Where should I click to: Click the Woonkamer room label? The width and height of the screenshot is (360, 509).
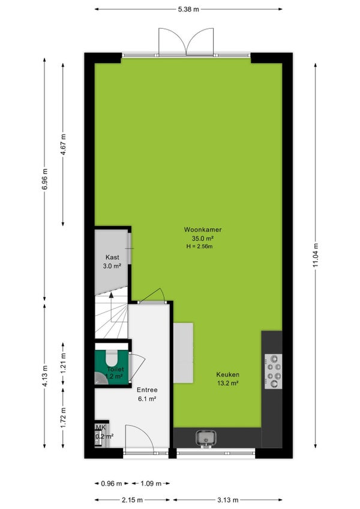[203, 229]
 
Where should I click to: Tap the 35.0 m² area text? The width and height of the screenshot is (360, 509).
[203, 238]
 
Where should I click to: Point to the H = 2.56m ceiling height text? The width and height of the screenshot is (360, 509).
[199, 246]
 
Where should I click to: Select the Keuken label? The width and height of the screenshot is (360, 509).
[227, 375]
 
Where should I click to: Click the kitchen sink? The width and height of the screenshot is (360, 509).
[205, 438]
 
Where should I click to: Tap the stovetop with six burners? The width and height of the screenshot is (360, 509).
[273, 372]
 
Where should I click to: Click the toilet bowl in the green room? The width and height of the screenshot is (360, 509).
[112, 359]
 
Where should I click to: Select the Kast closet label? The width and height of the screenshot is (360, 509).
[112, 257]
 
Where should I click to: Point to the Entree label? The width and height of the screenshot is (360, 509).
[147, 390]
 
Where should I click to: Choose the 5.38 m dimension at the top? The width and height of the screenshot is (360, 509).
[188, 9]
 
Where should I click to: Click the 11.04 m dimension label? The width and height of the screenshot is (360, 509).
[315, 256]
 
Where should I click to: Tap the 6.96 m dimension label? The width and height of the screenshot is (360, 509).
[44, 179]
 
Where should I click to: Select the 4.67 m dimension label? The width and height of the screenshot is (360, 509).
[63, 145]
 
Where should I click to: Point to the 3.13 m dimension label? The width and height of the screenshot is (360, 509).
[227, 499]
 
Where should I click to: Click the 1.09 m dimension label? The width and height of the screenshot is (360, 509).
[151, 483]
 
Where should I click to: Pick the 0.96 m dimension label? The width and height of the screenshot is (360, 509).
[112, 483]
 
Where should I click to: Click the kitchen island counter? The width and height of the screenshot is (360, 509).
[183, 352]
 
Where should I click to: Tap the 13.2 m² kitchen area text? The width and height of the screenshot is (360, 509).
[228, 383]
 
